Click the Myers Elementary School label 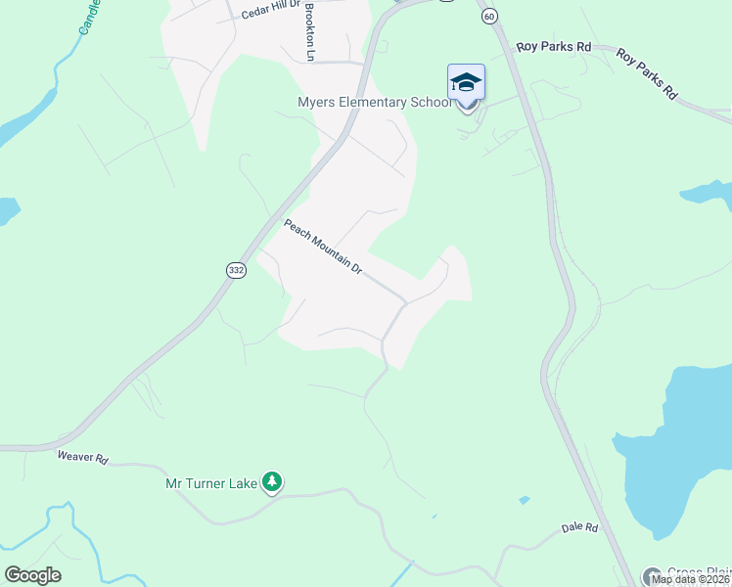pyautogui.click(x=375, y=102)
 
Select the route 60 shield pyautogui.click(x=489, y=16)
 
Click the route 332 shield pyautogui.click(x=235, y=270)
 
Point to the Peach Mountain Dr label pyautogui.click(x=323, y=247)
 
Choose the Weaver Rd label pyautogui.click(x=81, y=456)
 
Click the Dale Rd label pyautogui.click(x=579, y=527)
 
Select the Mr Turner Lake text pyautogui.click(x=211, y=482)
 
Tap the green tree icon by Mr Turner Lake pyautogui.click(x=273, y=481)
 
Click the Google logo pyautogui.click(x=33, y=574)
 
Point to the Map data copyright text pyautogui.click(x=691, y=579)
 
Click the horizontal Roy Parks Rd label pyautogui.click(x=554, y=46)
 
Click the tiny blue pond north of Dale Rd pyautogui.click(x=525, y=500)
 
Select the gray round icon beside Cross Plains pyautogui.click(x=653, y=575)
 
